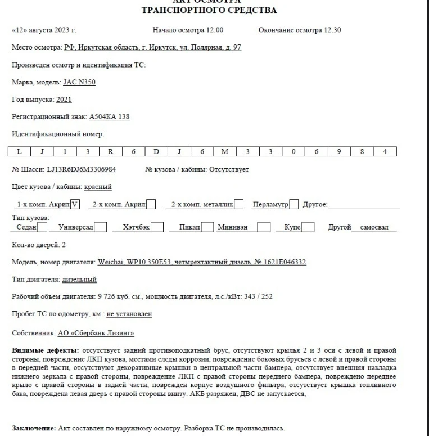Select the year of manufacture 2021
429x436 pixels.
click(64, 100)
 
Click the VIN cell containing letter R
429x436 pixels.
click(110, 151)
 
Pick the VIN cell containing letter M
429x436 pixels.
click(225, 151)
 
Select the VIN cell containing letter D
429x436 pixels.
click(156, 151)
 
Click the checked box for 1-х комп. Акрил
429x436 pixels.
click(76, 203)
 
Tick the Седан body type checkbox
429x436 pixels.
click(42, 227)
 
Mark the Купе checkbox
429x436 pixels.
click(308, 227)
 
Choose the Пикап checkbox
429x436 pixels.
click(207, 227)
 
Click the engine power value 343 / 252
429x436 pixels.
click(258, 296)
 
